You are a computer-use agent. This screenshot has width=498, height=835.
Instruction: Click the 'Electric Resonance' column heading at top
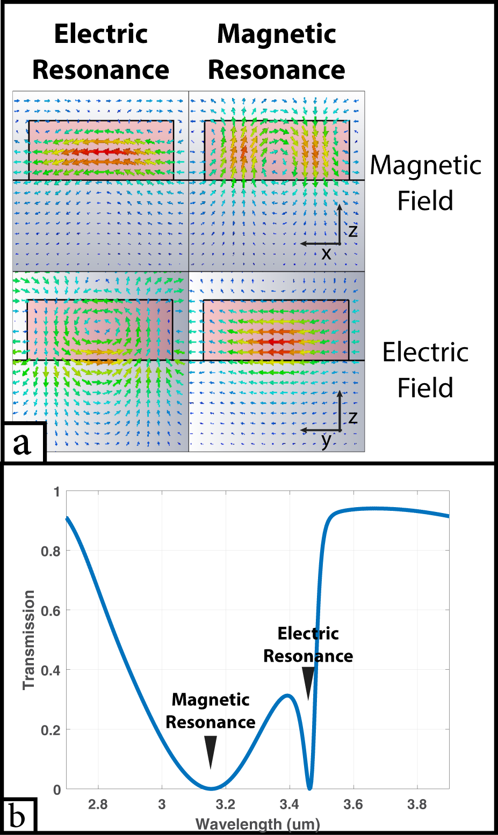point(100,52)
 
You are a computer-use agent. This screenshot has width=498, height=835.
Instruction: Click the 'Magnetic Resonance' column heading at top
point(276,52)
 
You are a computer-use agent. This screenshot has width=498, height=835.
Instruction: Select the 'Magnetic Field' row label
point(425,182)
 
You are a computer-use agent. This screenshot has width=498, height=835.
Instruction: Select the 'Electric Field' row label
point(425,370)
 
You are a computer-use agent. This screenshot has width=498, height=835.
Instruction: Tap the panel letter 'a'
point(22,443)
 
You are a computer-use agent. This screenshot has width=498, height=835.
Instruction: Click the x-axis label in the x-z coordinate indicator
point(326,254)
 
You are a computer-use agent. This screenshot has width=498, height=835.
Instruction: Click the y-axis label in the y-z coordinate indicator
point(326,441)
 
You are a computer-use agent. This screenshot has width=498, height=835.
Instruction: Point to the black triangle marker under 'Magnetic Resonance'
point(211,752)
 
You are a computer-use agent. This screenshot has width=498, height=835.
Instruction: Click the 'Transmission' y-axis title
point(28,640)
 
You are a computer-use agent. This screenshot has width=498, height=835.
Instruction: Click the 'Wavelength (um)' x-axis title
point(257,824)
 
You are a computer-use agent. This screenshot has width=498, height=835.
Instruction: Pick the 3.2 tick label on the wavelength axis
point(225,804)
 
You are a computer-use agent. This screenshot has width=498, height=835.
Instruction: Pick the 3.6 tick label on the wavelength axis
point(353,804)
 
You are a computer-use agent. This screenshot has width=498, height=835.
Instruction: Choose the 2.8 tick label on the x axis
point(98,804)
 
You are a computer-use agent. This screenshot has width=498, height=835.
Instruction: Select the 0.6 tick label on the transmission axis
point(50,611)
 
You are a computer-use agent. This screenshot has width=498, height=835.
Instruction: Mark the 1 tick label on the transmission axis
point(56,492)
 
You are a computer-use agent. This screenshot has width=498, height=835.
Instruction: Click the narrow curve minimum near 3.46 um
point(309,788)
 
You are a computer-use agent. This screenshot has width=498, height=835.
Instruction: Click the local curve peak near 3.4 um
point(288,696)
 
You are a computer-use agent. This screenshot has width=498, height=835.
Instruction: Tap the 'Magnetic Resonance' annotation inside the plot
point(211,711)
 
